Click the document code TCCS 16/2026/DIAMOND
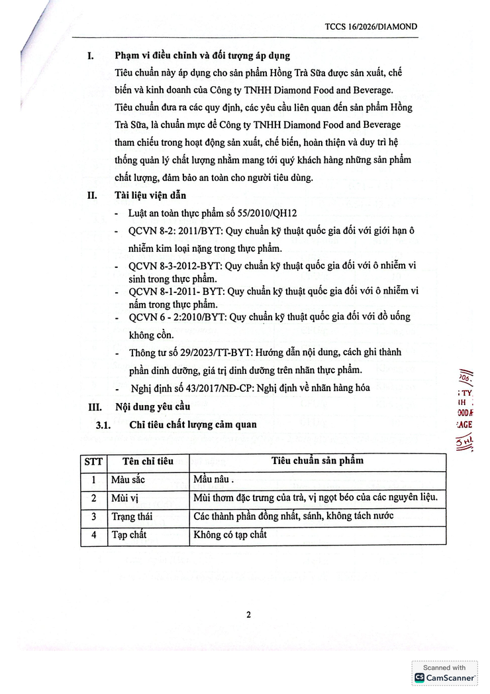tap(371, 27)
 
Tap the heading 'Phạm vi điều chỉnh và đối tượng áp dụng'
tap(202, 56)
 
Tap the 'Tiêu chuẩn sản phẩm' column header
tap(317, 461)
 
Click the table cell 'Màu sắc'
tap(127, 479)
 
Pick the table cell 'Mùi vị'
tap(124, 498)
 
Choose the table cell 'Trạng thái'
tap(131, 516)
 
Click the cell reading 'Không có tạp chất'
tap(230, 534)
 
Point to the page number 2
tap(248, 614)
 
